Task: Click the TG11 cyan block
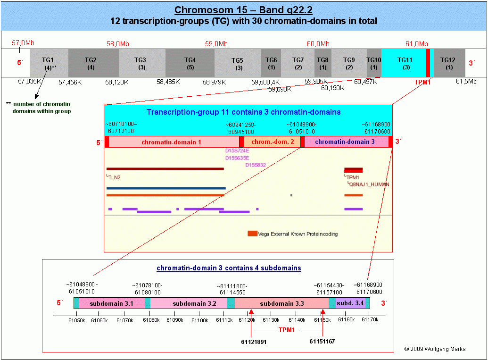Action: pyautogui.click(x=403, y=63)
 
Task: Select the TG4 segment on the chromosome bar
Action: pyautogui.click(x=190, y=63)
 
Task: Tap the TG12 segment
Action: pyautogui.click(x=449, y=63)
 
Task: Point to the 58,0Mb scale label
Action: pyautogui.click(x=118, y=44)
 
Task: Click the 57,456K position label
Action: pyautogui.click(x=70, y=82)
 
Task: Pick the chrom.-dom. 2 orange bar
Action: pyautogui.click(x=272, y=142)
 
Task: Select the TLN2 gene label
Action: pyautogui.click(x=114, y=177)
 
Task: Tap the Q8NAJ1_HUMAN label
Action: pyautogui.click(x=369, y=184)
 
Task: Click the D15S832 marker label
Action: pyautogui.click(x=256, y=165)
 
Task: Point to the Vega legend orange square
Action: pyautogui.click(x=252, y=234)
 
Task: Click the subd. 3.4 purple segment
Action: pyautogui.click(x=350, y=303)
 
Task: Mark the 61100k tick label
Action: pyautogui.click(x=200, y=320)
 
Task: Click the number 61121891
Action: pyautogui.click(x=254, y=342)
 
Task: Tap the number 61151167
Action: pyautogui.click(x=322, y=341)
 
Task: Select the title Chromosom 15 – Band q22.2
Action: pyautogui.click(x=243, y=10)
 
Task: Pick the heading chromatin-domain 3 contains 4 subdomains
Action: pyautogui.click(x=229, y=268)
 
